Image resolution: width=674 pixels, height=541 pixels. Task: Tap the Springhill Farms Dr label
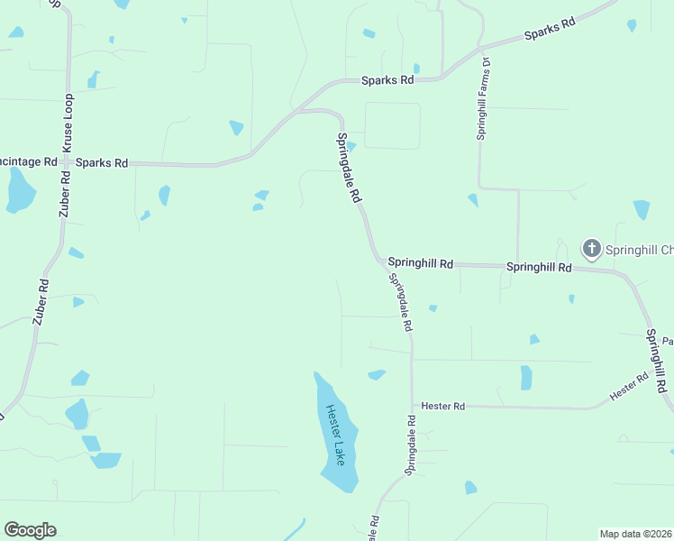(x=483, y=99)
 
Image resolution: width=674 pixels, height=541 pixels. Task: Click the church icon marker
(x=591, y=248)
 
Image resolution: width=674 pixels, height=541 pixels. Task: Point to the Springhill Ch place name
(x=638, y=249)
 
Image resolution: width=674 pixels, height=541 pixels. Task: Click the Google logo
(x=30, y=530)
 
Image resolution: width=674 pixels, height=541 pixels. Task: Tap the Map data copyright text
(x=636, y=534)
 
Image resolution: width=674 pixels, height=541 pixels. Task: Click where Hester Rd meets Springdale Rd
(x=412, y=406)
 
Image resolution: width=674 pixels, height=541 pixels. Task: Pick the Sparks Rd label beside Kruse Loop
(x=102, y=163)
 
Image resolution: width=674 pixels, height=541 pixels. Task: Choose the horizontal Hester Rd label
(x=442, y=408)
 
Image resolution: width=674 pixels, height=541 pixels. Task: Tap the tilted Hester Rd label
(x=629, y=388)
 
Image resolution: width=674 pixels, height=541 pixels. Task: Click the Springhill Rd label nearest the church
(x=539, y=268)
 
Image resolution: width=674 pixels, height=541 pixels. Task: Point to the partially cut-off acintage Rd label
(x=29, y=162)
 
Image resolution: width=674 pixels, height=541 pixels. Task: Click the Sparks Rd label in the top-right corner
(x=550, y=32)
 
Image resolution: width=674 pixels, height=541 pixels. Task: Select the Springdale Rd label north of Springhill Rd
(x=350, y=168)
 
